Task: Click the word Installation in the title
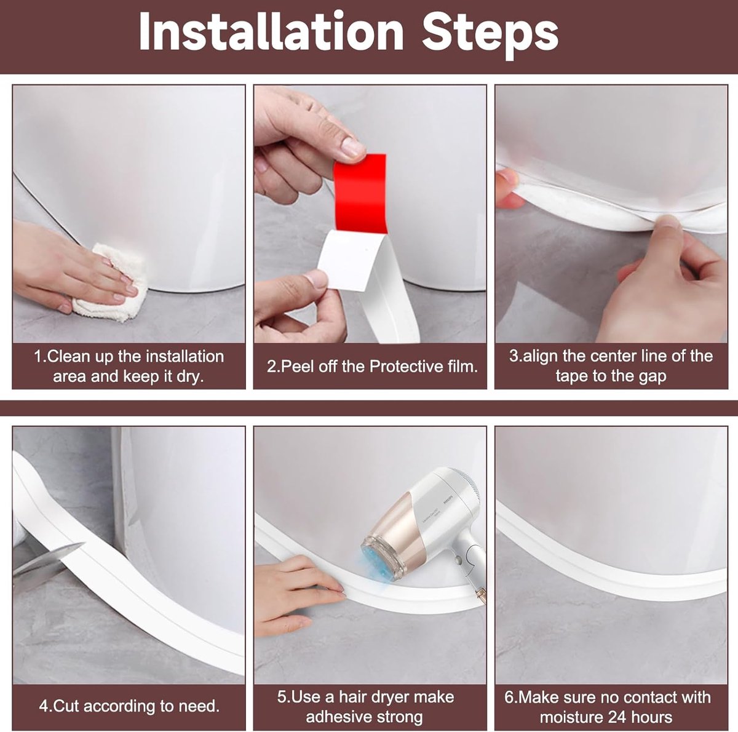[x=271, y=32]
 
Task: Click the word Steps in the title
[x=490, y=32]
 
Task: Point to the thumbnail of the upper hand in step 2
[x=352, y=148]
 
